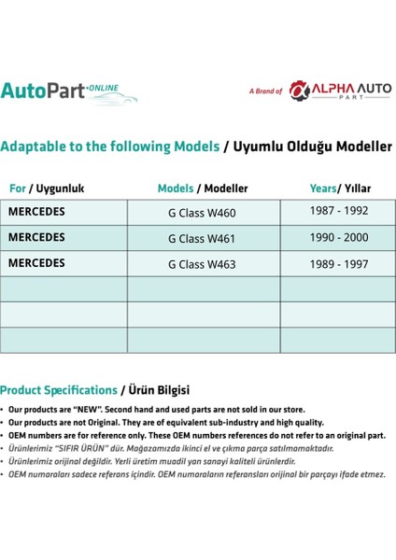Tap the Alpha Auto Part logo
(340, 91)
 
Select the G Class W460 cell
(201, 212)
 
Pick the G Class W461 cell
(201, 238)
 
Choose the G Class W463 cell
(201, 264)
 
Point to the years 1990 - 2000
(338, 237)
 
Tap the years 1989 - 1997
(338, 263)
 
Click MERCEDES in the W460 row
(36, 212)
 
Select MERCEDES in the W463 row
(36, 263)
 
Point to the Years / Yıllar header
(338, 188)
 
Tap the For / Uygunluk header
(47, 188)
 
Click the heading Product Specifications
(59, 389)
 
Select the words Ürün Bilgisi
(158, 389)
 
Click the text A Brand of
(265, 91)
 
